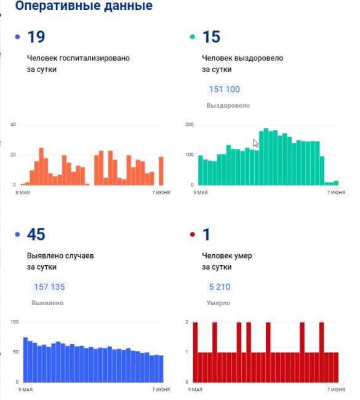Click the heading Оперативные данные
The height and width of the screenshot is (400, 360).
coord(84,6)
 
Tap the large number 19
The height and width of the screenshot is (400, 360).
coord(36,37)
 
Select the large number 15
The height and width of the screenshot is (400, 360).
coord(211,37)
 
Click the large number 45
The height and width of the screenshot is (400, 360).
coord(36,234)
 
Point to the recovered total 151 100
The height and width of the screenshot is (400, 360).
coord(225,89)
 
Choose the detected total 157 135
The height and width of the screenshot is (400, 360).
coord(49,287)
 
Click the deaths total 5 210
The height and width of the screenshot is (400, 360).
coord(220,287)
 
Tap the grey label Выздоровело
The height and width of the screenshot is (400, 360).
coord(228,105)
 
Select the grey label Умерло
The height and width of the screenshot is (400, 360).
coord(218,303)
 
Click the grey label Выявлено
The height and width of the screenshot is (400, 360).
coord(47,303)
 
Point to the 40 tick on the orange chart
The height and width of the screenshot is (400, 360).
coord(13,124)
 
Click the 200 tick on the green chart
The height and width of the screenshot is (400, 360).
coord(190,124)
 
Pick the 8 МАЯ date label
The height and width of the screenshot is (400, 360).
coord(23,193)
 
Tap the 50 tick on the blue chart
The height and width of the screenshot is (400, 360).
coord(16,352)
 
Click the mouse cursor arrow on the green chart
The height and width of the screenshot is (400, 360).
coord(255,143)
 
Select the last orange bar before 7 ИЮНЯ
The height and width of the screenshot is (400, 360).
coord(161,171)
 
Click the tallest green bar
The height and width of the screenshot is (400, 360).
coord(266,157)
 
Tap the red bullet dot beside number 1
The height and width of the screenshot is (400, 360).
coord(193,234)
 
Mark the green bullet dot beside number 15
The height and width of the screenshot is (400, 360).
coord(193,37)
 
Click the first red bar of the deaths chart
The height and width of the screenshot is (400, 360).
coord(196,352)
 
